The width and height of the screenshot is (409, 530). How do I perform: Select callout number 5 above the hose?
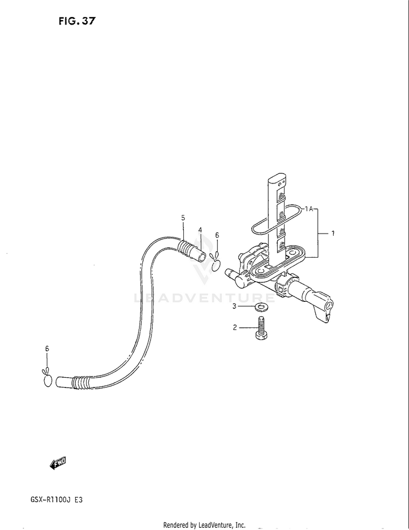(183, 218)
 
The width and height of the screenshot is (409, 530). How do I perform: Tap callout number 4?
(200, 230)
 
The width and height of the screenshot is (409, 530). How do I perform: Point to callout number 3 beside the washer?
(235, 306)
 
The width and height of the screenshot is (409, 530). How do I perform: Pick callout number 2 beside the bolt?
(235, 327)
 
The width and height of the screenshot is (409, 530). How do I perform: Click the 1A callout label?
(309, 209)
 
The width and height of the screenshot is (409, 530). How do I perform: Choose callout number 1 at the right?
(333, 233)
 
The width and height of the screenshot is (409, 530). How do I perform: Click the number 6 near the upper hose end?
(216, 235)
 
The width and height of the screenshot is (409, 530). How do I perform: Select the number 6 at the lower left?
(47, 348)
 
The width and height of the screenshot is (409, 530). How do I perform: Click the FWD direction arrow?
(58, 463)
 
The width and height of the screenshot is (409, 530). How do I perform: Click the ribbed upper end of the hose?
(189, 249)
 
